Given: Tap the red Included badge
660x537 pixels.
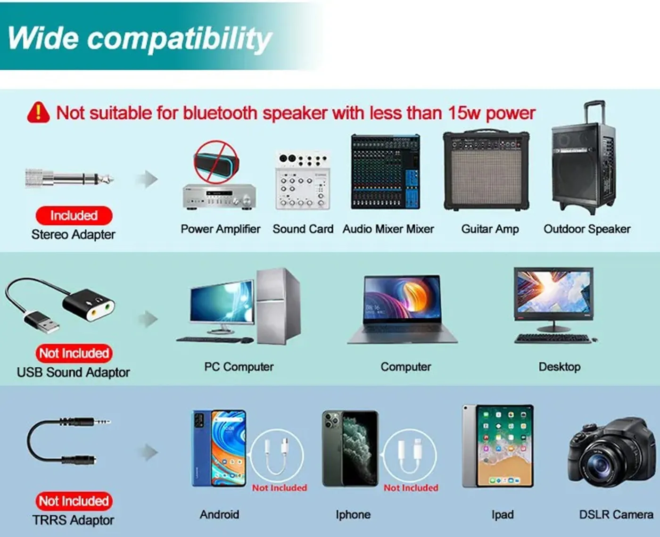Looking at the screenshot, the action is click(74, 215).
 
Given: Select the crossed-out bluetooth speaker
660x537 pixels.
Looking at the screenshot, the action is click(216, 162).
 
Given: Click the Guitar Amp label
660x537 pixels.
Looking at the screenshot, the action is click(490, 229).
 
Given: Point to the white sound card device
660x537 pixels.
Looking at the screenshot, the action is click(303, 181).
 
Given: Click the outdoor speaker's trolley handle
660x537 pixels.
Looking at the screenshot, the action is click(594, 113).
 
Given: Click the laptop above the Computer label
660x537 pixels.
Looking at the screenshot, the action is click(402, 309).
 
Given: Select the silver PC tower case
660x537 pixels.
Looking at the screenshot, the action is click(278, 306).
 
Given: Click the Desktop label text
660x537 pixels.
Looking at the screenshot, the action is click(559, 367).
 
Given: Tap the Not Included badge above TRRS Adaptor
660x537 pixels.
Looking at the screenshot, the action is click(74, 501).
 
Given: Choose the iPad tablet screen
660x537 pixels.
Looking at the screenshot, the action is click(505, 446).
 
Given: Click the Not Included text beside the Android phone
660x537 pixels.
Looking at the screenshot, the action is click(280, 487).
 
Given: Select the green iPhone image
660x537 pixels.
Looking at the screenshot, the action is click(350, 448).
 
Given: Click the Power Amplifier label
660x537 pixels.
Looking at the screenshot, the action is click(220, 229).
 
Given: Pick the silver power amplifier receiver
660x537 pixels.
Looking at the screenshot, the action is click(219, 197).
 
